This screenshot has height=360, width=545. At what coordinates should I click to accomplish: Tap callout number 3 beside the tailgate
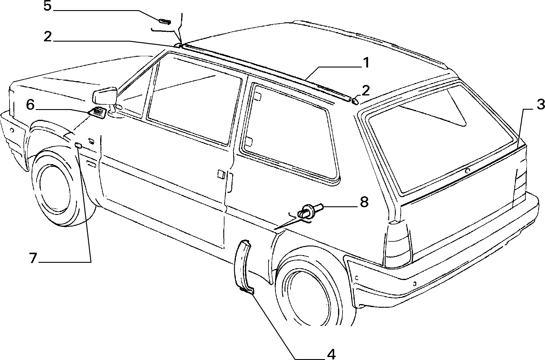coord(540,105)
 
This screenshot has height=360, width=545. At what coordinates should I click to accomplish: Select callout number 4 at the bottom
coord(331,354)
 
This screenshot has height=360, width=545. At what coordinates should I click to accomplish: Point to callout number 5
coord(47,6)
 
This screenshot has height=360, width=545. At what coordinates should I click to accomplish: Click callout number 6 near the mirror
coord(30,105)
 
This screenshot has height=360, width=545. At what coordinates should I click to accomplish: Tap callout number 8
coord(364,202)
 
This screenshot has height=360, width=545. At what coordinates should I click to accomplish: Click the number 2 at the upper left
coord(48,37)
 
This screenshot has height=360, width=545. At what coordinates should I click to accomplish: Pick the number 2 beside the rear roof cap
coord(365,90)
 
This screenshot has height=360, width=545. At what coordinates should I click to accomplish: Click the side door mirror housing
coord(104,95)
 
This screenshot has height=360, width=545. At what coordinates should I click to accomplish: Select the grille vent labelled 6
coord(97,113)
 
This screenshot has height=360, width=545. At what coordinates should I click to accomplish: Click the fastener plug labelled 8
coord(310,210)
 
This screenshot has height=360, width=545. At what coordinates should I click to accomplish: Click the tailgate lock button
coord(468,171)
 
